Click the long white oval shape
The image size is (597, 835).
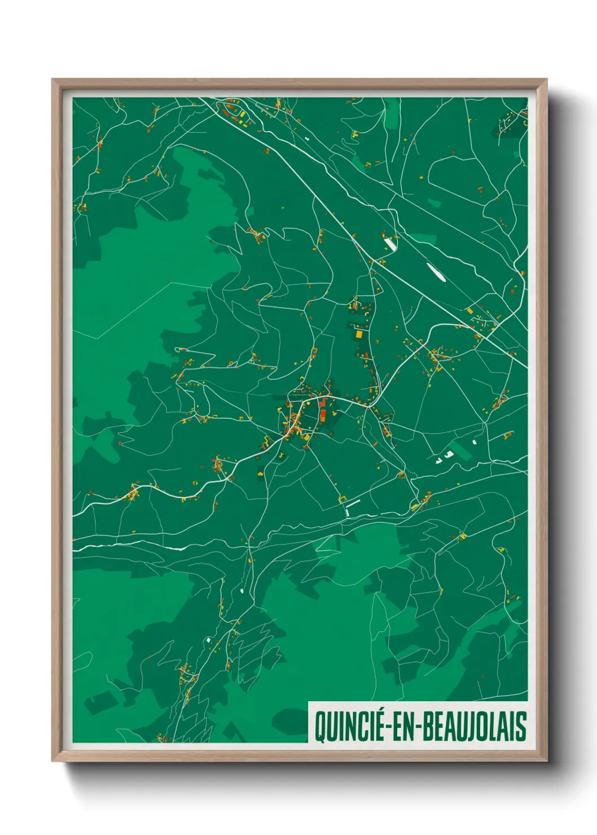point(436,271)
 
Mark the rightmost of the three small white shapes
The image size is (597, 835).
point(475,442)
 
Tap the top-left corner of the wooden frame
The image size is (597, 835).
point(52,80)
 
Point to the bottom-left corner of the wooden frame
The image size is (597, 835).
point(52,761)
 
